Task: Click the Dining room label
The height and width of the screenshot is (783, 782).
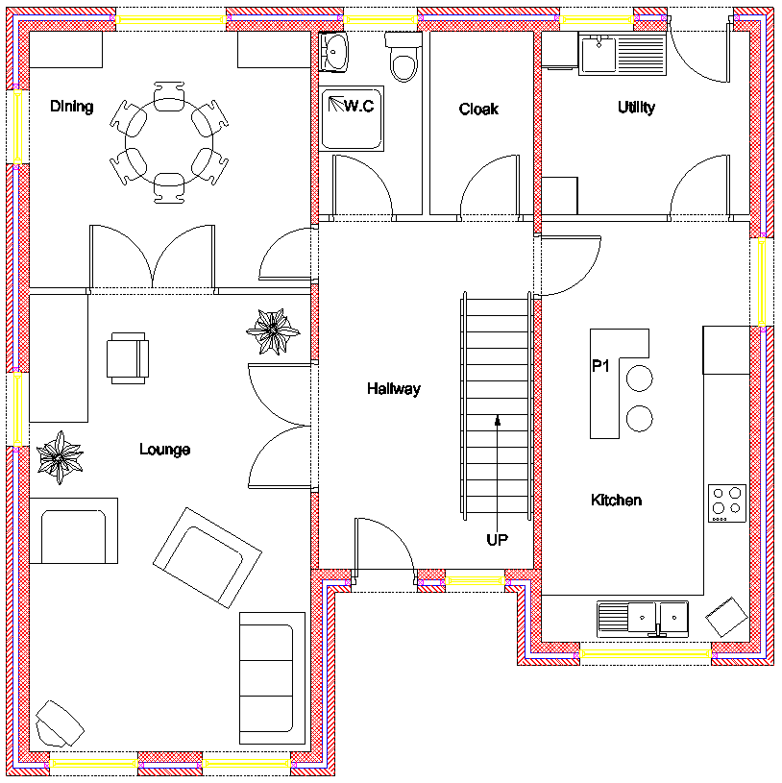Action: (x=72, y=107)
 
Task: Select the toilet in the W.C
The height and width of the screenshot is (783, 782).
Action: (x=403, y=59)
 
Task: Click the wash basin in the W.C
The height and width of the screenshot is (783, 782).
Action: (x=335, y=51)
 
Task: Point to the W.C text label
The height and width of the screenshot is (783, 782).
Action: (x=358, y=106)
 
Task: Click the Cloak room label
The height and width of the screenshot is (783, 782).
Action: (x=478, y=110)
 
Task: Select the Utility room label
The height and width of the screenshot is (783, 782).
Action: (x=636, y=108)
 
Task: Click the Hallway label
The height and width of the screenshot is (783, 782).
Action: (x=394, y=389)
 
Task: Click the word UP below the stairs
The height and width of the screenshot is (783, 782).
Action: (x=497, y=540)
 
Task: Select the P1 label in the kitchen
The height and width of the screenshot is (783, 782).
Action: (x=601, y=366)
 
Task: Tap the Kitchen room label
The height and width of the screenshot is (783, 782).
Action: (x=616, y=501)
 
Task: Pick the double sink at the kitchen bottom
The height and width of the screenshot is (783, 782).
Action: (x=644, y=617)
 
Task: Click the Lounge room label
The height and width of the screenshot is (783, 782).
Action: (x=164, y=450)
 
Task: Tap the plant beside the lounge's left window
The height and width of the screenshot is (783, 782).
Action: (x=61, y=455)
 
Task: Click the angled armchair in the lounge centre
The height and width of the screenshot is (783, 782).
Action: (x=208, y=557)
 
